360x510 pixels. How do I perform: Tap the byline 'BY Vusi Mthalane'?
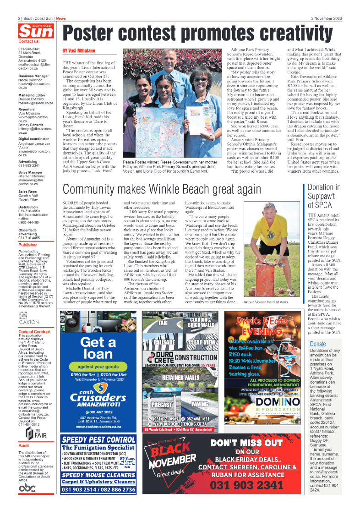tap(79, 50)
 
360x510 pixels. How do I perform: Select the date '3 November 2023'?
tap(326, 18)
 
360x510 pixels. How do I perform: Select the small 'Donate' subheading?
tap(318, 331)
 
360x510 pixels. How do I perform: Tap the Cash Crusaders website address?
tap(98, 427)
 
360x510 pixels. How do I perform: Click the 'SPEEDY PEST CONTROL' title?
tap(98, 439)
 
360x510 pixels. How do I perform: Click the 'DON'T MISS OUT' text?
tap(247, 443)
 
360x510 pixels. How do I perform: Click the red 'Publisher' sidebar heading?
tap(28, 245)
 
